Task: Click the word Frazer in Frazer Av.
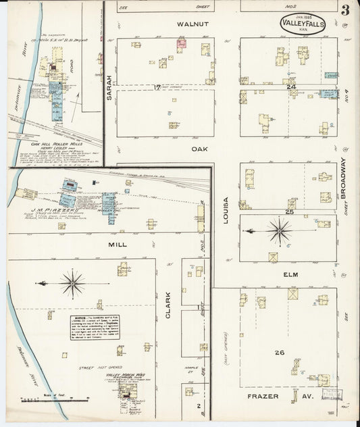coord(259,396)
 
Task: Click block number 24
coord(292,86)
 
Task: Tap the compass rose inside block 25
coord(278,231)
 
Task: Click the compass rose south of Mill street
coord(72,283)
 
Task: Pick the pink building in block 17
coord(181,45)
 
